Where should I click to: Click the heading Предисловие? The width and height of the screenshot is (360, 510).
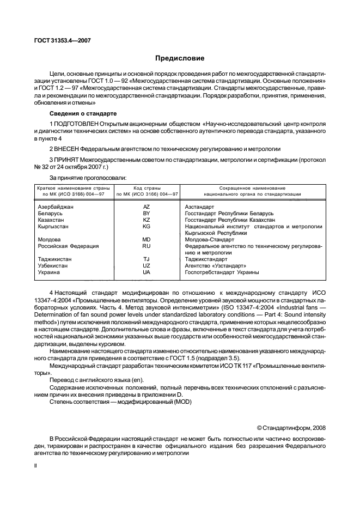click(180, 57)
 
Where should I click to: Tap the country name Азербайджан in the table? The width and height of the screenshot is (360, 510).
click(56, 207)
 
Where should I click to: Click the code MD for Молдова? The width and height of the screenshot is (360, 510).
click(146, 239)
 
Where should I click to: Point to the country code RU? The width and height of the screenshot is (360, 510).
click(146, 246)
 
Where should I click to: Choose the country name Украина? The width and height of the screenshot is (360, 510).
click(48, 272)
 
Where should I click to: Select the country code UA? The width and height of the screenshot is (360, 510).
click(146, 272)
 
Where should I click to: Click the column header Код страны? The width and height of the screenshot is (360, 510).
click(146, 187)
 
